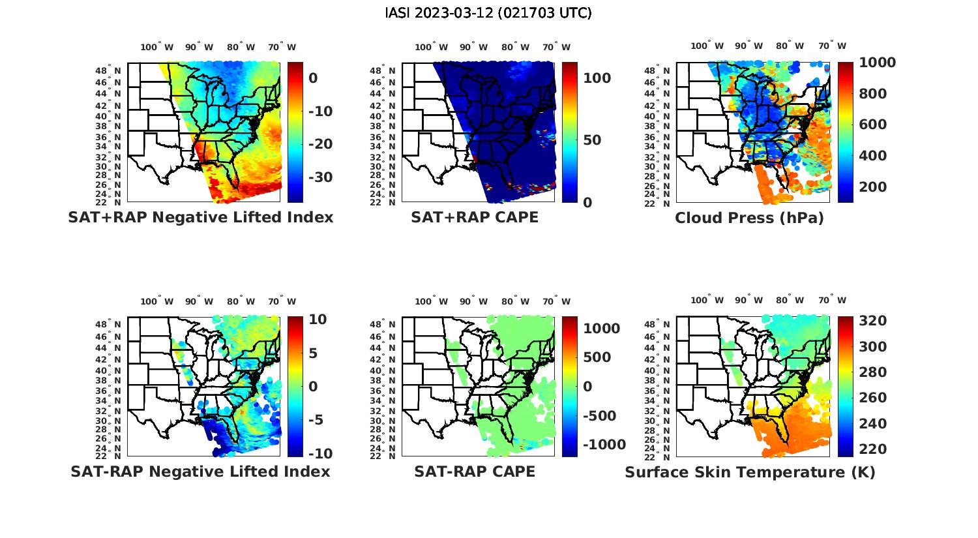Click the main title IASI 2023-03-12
coord(488,13)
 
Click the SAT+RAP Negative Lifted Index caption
coord(201,217)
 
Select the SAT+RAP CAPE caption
coord(475,217)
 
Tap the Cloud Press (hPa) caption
coord(749,218)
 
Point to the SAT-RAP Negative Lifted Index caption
coord(200,471)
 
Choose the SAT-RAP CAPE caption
coord(475,471)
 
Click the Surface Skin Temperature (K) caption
coord(750,472)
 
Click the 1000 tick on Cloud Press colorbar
coord(877,63)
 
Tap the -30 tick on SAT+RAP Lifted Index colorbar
coord(320,177)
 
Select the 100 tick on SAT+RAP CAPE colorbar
coord(597,78)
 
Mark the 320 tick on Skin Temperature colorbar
coord(872,321)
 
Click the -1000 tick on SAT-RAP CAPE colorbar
coord(604,445)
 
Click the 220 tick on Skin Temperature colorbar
coord(872,449)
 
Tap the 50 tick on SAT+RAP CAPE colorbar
coord(592,140)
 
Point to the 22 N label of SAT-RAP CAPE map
coord(382,456)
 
